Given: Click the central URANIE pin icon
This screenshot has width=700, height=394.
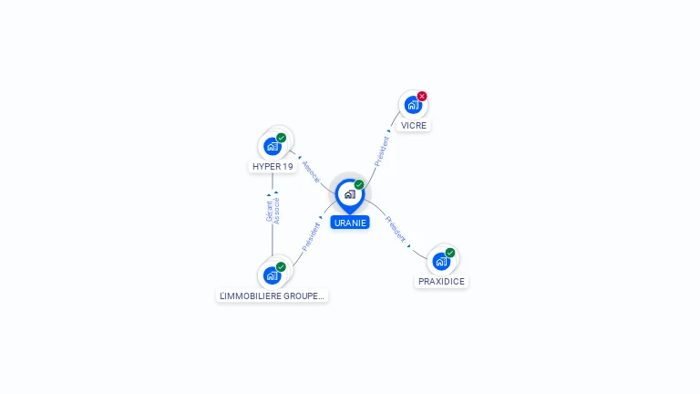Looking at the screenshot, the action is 350,196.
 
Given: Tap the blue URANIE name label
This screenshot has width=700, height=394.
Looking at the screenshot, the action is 350,223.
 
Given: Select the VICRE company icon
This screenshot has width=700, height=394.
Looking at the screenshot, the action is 413,105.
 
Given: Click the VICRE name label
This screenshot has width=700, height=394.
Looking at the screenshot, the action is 414,126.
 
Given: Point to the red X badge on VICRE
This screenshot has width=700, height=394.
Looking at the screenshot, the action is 422,96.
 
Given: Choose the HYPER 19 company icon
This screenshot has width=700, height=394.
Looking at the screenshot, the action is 273,146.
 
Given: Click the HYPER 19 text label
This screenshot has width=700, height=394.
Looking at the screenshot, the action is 273,167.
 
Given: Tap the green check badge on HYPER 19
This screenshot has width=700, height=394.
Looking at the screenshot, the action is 282,138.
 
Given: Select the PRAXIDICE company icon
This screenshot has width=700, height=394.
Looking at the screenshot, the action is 441,262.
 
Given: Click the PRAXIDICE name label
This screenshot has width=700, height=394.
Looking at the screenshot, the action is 441,282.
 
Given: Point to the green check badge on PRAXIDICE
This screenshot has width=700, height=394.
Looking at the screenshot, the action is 450,253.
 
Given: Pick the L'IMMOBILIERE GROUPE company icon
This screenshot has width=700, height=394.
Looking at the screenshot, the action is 272,275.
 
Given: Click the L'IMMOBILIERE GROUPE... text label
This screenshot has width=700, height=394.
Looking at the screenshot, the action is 272,295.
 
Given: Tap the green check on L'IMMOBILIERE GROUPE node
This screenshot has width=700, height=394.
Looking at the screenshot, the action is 281,266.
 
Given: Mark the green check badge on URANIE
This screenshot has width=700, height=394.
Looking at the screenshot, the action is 359,184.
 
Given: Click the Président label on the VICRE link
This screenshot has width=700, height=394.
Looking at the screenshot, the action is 382,151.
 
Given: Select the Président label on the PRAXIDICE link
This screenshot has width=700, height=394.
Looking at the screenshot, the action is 396,229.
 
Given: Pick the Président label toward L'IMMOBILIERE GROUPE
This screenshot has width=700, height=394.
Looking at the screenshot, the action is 311,237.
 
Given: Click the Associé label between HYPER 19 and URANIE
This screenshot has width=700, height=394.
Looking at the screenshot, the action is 311,172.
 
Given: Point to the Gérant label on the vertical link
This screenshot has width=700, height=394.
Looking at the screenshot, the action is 269,212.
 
